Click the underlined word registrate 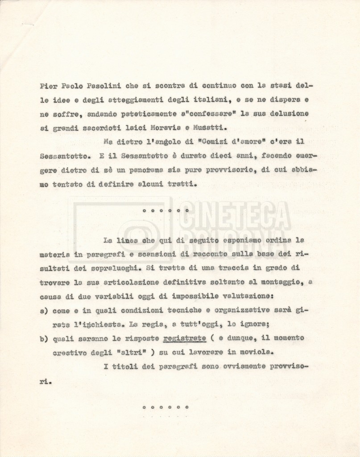pos(185,338)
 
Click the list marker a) pos(43,310)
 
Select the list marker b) pos(43,338)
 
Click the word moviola pos(256,352)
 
